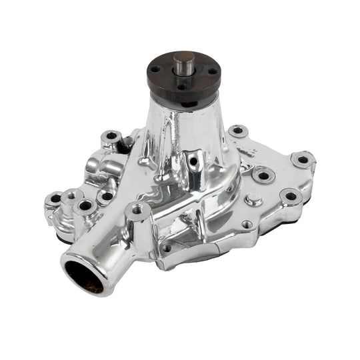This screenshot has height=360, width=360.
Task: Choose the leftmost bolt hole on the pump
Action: pos(54,199)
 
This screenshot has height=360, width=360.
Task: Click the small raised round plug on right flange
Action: pos(252,199)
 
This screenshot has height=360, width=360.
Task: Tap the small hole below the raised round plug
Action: pos(247,225)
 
